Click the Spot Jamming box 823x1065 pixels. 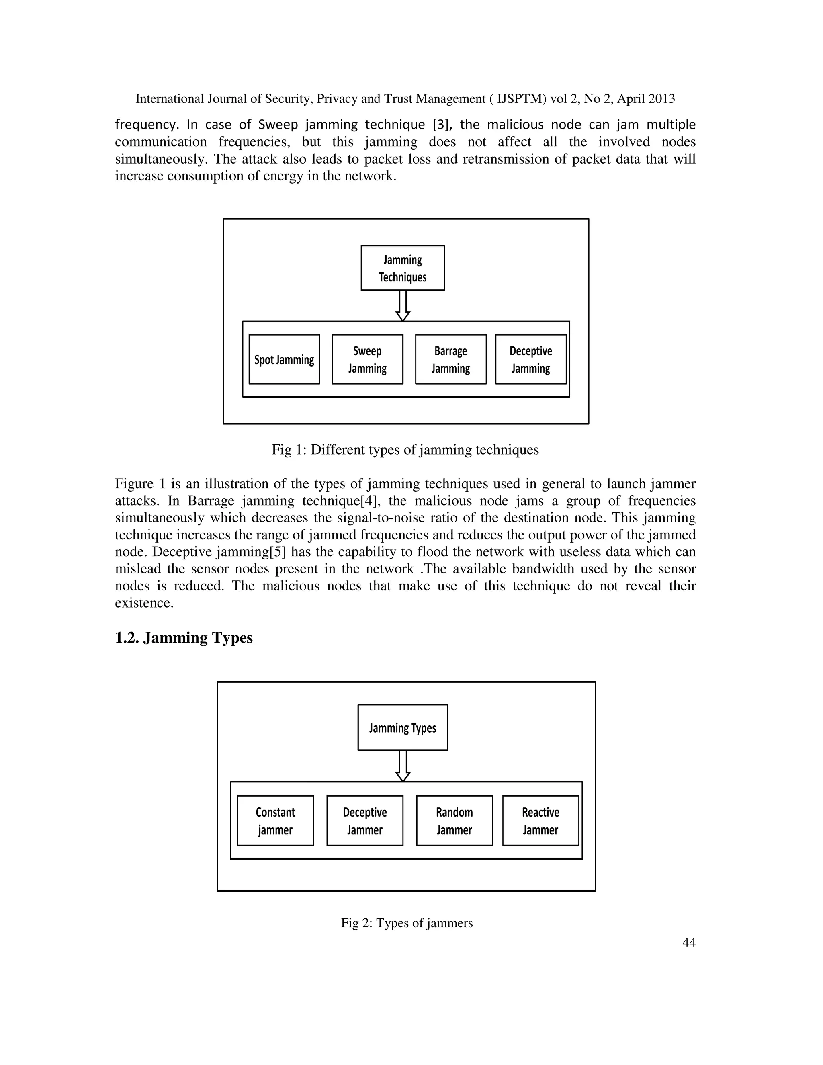click(x=284, y=359)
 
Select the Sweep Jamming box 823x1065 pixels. click(x=367, y=359)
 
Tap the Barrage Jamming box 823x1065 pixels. click(x=450, y=359)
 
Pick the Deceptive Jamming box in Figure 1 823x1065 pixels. click(x=530, y=359)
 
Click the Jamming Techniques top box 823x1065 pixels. click(x=403, y=268)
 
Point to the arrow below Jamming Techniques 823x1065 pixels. click(x=403, y=306)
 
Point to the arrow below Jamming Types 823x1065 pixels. click(x=403, y=766)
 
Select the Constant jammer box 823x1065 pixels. click(x=275, y=821)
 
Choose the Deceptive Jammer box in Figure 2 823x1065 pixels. click(x=365, y=821)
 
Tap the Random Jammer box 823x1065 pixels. click(x=454, y=821)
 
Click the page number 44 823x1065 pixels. click(x=688, y=942)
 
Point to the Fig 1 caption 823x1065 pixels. click(x=405, y=450)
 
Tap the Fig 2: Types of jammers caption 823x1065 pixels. click(x=407, y=923)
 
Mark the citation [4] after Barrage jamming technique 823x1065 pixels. click(x=370, y=501)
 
